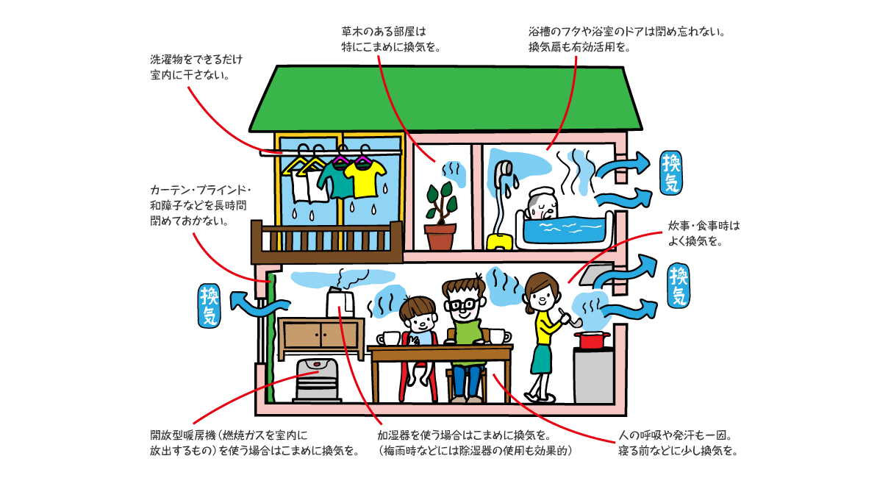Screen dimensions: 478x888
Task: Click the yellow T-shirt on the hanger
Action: point(365,179)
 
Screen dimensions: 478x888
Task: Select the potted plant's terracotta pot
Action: point(440,238)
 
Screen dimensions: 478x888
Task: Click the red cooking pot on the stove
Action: point(592,340)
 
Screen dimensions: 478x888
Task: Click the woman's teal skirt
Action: point(542,360)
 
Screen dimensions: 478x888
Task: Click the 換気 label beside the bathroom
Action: point(672,173)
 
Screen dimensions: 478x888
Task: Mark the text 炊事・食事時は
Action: point(703,226)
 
